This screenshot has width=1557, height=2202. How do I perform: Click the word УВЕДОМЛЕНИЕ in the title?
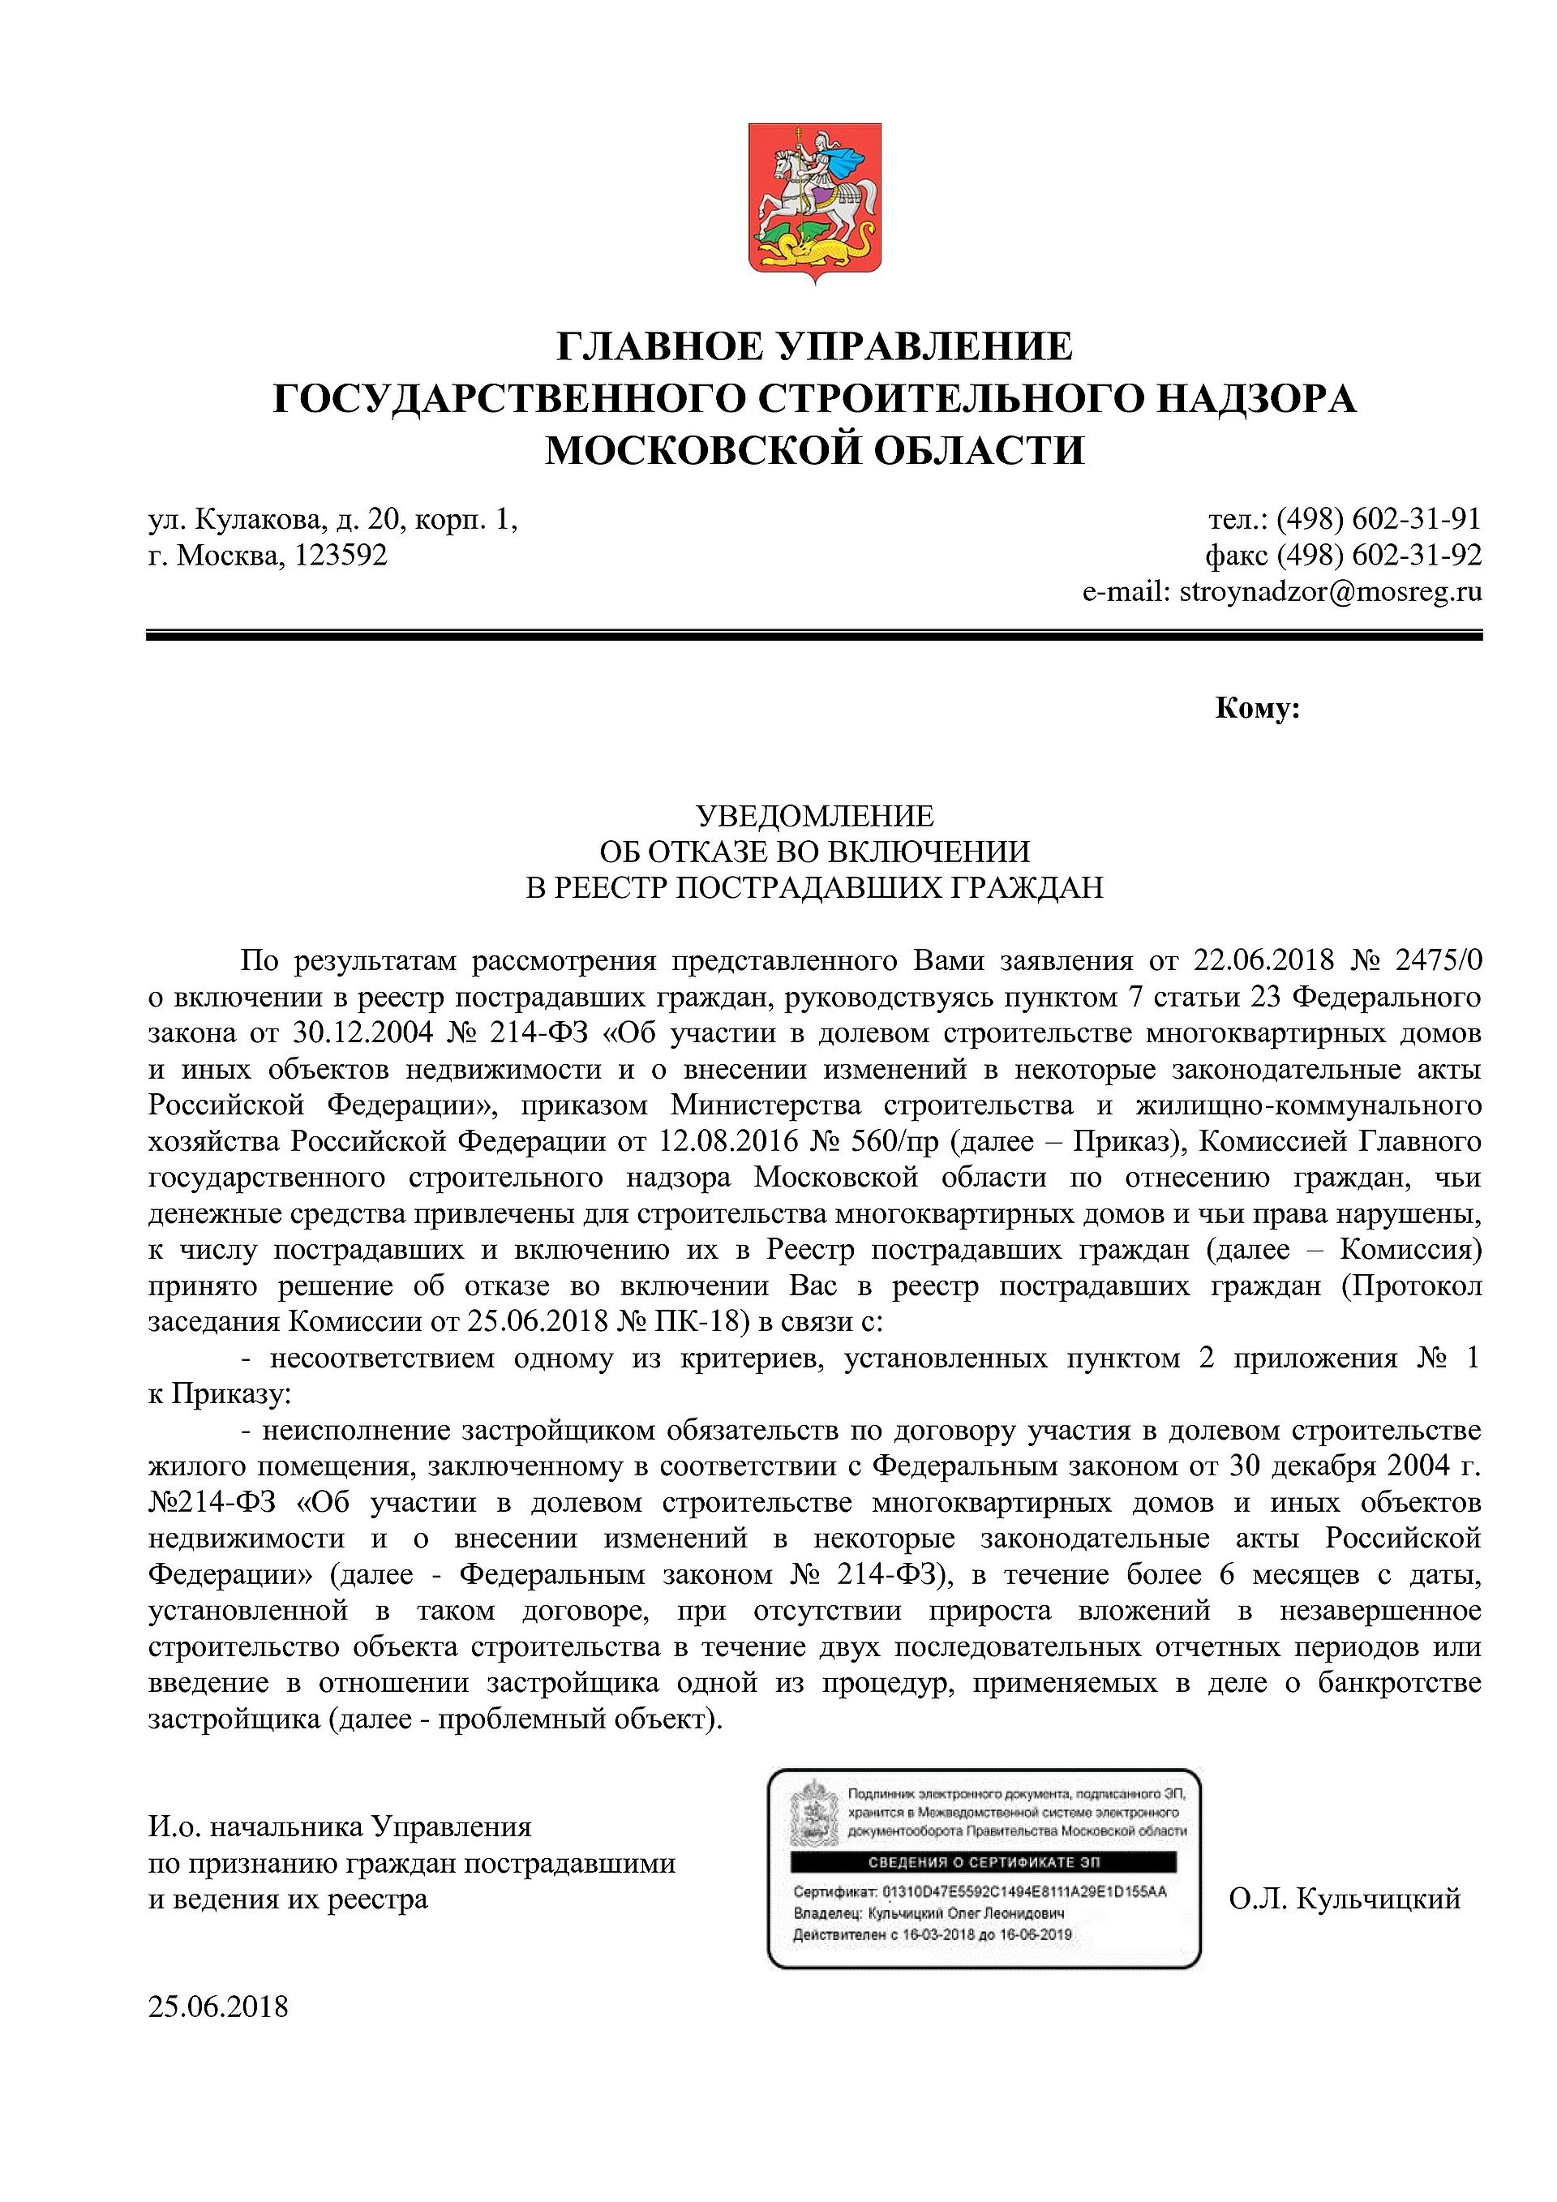tap(814, 816)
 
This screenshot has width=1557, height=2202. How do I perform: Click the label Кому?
tap(1257, 709)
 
